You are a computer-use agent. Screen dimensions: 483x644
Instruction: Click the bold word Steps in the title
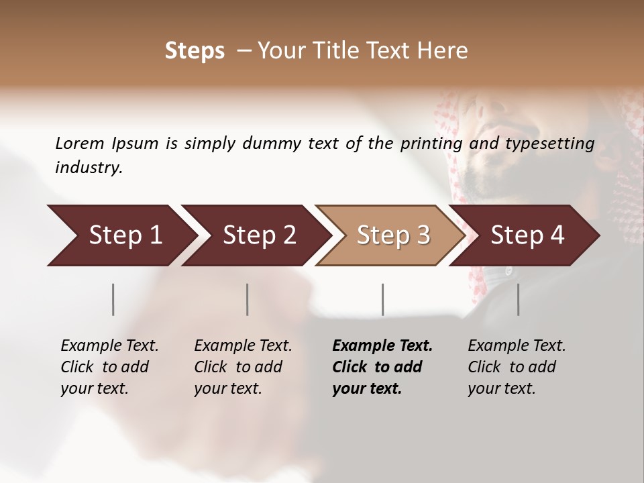(195, 51)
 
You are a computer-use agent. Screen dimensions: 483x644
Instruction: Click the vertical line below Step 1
(113, 299)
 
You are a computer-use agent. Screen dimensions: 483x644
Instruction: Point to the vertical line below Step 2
(248, 299)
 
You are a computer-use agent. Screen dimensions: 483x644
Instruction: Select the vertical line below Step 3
(383, 299)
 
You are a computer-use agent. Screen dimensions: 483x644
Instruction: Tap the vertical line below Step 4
(519, 299)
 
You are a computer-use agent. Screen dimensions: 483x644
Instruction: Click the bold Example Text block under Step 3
(382, 367)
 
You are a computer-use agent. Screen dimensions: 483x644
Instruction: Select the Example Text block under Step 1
(109, 367)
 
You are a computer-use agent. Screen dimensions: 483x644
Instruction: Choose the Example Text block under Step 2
(243, 367)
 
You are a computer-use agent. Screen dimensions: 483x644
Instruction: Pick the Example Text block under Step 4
(517, 367)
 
